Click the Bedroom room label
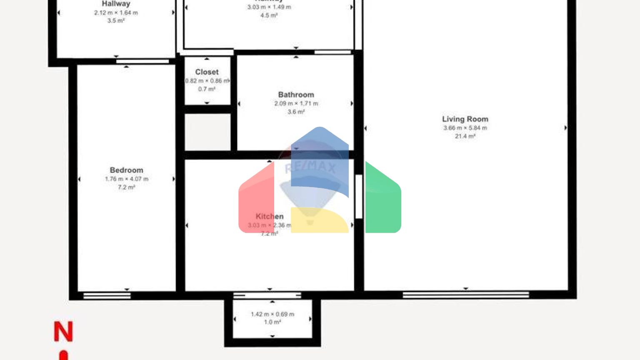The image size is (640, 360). (126, 170)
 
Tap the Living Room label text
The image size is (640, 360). (465, 119)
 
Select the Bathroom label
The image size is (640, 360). (296, 95)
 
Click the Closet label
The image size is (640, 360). (207, 72)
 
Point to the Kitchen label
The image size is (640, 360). (269, 216)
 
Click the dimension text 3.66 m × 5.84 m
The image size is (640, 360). (465, 128)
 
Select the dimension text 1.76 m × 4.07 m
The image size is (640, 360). (126, 179)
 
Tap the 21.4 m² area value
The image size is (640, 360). (465, 136)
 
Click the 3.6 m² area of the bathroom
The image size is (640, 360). (296, 112)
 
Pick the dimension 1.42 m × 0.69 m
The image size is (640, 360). (272, 314)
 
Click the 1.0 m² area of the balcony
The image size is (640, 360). (272, 322)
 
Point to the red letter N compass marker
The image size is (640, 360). (63, 332)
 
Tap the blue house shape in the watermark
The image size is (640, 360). (320, 158)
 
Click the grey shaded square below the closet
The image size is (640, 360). (207, 132)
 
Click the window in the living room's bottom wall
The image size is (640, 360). (465, 295)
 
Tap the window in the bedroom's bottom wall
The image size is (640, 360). (107, 296)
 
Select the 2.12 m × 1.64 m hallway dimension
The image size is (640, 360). (116, 12)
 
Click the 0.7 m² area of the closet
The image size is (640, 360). (207, 89)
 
